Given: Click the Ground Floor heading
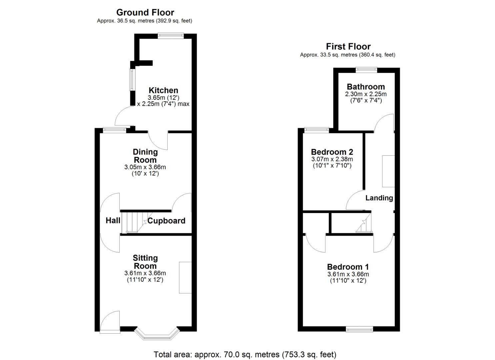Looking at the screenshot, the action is [145, 13].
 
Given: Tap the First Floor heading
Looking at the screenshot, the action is [348, 47].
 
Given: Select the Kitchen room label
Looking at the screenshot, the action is [163, 90].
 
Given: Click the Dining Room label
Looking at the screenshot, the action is [145, 156].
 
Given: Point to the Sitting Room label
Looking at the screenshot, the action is [145, 262].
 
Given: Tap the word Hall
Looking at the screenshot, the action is [113, 220].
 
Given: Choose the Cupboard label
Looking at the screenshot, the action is [166, 221].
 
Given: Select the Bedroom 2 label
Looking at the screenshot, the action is [332, 152].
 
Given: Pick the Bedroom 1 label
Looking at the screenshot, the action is [348, 267].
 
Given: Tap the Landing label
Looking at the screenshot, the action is [379, 198].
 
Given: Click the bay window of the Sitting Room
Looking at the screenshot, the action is [157, 334].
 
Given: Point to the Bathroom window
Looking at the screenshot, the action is [366, 70].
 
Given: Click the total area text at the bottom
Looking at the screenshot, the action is [245, 354].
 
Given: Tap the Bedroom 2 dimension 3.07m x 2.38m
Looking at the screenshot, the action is [332, 159].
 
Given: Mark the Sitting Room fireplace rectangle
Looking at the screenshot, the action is [185, 278].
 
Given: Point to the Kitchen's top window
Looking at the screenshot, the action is [171, 36].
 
